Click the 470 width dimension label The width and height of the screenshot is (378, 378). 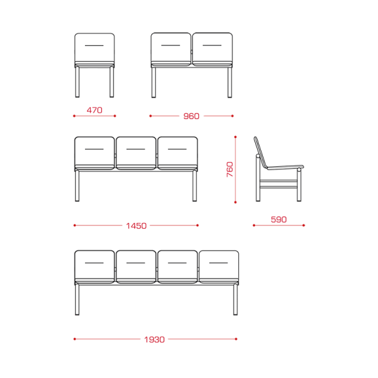(94, 110)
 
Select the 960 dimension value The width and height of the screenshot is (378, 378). (192, 116)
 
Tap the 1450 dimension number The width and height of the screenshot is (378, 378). (136, 226)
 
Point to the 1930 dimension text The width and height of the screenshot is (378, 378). (154, 340)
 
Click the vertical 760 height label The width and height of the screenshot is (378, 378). (230, 169)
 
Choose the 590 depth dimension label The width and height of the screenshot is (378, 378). (278, 220)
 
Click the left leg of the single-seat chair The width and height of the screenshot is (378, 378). (77, 82)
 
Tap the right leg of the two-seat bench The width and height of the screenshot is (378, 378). (230, 83)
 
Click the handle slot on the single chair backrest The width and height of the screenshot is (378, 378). (94, 45)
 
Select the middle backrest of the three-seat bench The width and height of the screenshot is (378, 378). (136, 151)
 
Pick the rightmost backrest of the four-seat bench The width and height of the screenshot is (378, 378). (219, 265)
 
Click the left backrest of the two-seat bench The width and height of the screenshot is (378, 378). (171, 47)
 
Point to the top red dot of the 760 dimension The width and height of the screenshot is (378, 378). (235, 137)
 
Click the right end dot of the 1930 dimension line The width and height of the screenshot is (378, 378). (236, 339)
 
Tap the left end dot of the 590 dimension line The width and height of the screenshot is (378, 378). (254, 226)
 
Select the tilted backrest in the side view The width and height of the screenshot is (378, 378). (261, 153)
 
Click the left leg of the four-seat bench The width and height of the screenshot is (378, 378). (77, 300)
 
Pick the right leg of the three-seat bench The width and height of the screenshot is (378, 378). (195, 186)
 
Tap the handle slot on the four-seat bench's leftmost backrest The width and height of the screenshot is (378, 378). (94, 263)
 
